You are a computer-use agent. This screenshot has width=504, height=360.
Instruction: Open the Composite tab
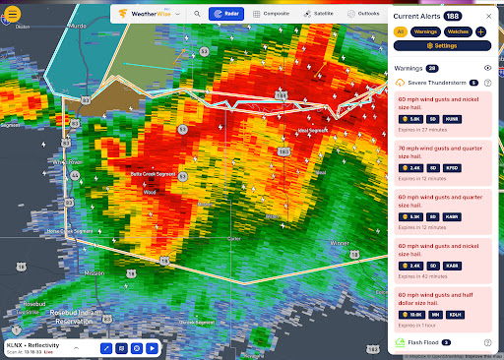click(271, 15)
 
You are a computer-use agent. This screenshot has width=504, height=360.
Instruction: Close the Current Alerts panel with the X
click(489, 15)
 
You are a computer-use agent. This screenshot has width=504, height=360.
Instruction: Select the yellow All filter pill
click(401, 32)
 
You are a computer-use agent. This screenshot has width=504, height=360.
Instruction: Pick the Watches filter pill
click(458, 32)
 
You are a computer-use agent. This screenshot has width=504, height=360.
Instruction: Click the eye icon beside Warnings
click(488, 68)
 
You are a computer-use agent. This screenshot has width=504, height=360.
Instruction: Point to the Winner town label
click(340, 242)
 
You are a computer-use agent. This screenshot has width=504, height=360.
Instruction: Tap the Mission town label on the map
click(94, 272)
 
